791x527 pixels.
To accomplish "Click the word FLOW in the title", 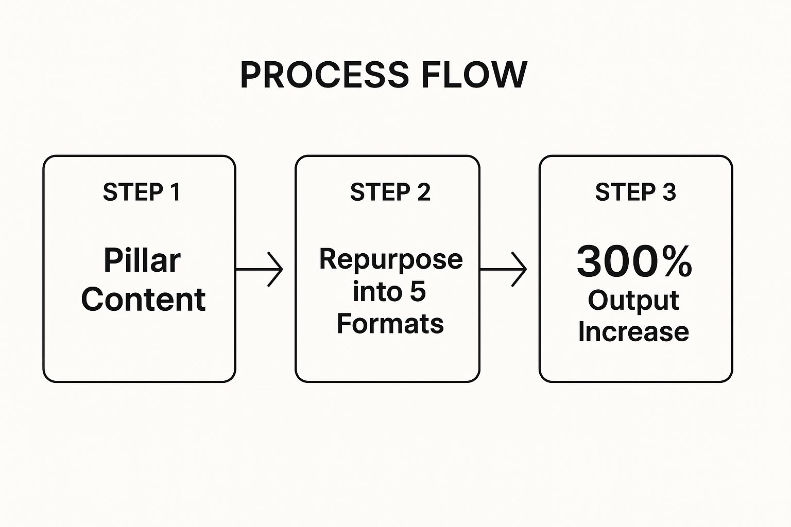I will [474, 75].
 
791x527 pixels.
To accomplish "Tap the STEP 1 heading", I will [142, 192].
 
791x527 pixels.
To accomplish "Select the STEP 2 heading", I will [390, 192].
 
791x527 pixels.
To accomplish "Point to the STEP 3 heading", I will [635, 192].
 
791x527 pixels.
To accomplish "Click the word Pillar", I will [142, 260].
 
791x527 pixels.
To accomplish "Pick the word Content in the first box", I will [143, 300].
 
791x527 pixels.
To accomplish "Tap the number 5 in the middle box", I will [418, 292].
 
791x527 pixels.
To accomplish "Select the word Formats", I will [390, 324].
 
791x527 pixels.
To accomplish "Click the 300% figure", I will [634, 261].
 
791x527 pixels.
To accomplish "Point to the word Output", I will [633, 301].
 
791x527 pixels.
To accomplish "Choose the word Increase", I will [633, 332].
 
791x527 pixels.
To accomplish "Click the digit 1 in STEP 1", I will [175, 192].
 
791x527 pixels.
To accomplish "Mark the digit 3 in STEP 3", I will [669, 192].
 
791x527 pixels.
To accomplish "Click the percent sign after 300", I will [676, 261].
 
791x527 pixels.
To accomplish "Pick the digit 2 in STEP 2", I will [423, 192].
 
